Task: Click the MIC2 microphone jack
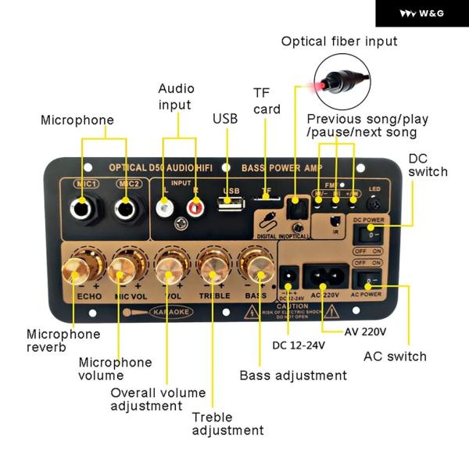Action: point(124,209)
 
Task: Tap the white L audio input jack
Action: point(164,209)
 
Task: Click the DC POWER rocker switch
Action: point(369,233)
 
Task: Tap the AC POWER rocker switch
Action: point(369,277)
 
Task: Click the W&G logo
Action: point(421,13)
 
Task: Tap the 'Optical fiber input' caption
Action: point(339,41)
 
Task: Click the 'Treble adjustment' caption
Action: point(228,424)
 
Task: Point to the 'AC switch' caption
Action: point(396,356)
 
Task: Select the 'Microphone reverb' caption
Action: point(63,341)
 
